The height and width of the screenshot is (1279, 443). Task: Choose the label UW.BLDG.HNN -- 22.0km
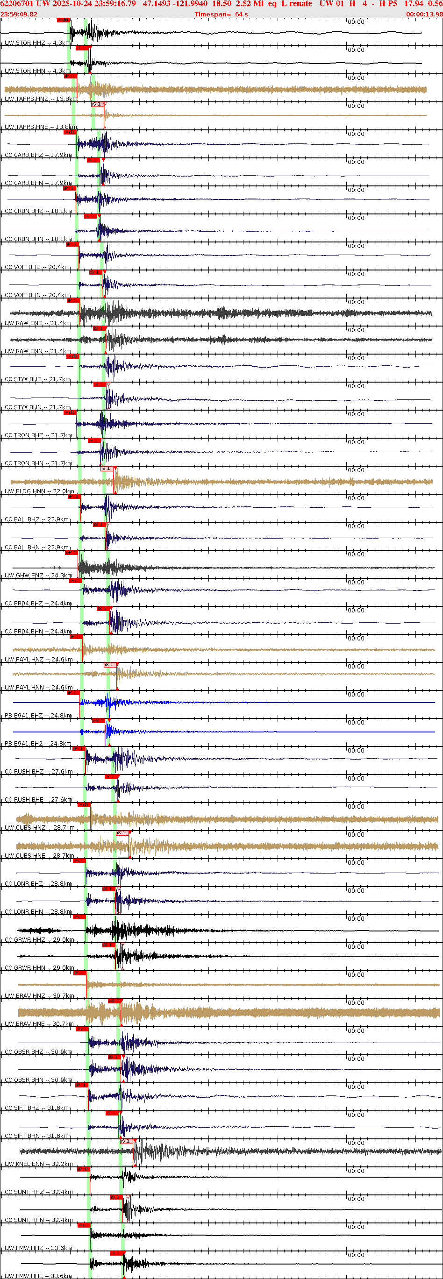(39, 491)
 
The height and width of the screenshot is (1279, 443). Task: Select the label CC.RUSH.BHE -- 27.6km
(38, 800)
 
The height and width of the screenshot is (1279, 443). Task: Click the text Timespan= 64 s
(221, 14)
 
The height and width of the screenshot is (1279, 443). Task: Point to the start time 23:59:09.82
(19, 14)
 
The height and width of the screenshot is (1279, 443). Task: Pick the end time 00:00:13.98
(424, 14)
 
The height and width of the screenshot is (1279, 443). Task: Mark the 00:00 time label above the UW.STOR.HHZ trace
(356, 22)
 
